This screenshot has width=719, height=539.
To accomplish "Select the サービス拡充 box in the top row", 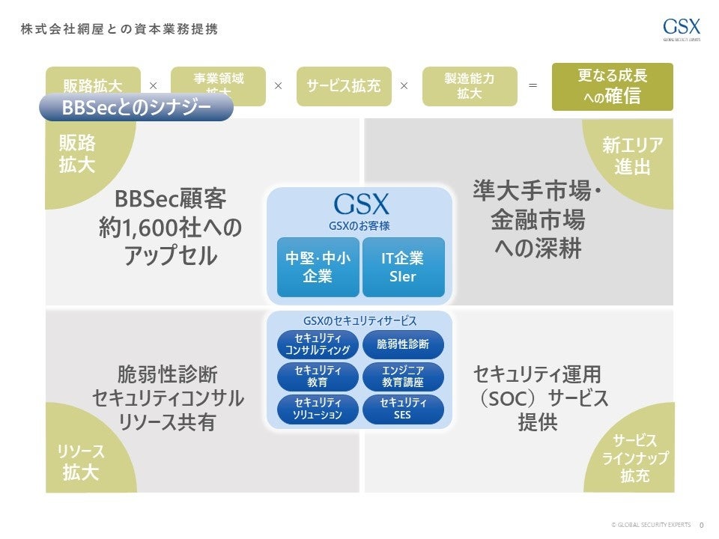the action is [x=344, y=86].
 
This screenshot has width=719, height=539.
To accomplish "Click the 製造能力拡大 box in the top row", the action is [x=470, y=86].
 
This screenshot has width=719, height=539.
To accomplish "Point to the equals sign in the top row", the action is [x=533, y=86].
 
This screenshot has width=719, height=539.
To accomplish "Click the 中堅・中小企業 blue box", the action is [x=318, y=267].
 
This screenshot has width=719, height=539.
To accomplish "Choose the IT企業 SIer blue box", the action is [x=403, y=267].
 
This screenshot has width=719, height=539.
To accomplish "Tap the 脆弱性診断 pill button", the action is [x=403, y=344].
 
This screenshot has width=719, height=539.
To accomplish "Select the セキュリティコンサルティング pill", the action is [x=318, y=344].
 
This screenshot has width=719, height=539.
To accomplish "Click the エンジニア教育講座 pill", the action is [x=403, y=377].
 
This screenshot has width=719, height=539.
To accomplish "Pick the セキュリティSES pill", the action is [x=403, y=409].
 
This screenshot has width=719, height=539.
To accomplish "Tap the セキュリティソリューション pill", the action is [x=318, y=409].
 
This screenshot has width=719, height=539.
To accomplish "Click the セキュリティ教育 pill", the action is [x=318, y=377].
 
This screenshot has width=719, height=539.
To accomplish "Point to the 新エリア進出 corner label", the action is [x=633, y=156].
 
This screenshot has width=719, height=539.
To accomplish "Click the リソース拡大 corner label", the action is [x=81, y=461].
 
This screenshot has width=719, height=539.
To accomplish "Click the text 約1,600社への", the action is [x=171, y=228].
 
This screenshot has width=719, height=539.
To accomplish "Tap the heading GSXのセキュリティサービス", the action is [x=359, y=320].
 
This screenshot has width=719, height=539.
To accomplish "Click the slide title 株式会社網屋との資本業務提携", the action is [x=120, y=29].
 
